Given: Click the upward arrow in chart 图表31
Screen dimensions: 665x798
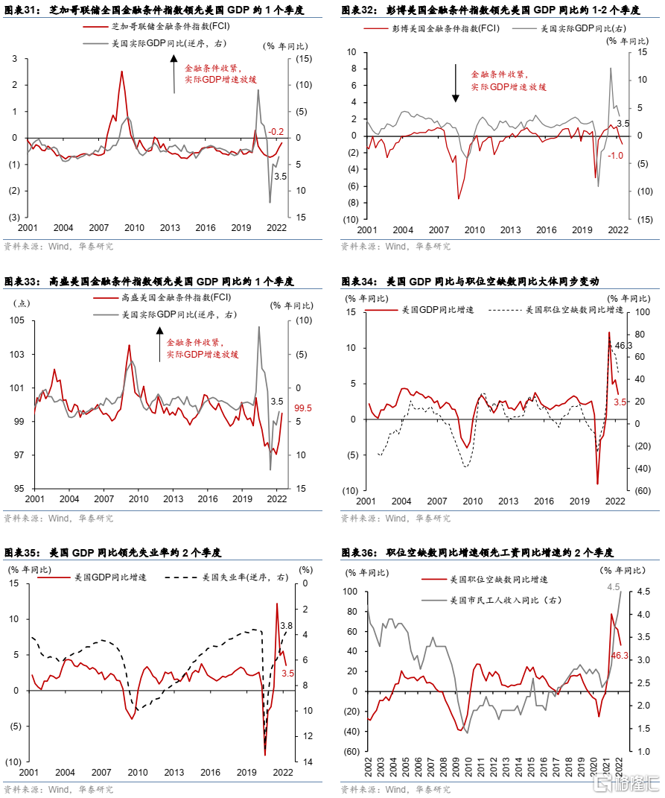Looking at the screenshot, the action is point(174,75).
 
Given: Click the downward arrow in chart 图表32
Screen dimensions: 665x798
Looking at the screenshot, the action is point(456,83).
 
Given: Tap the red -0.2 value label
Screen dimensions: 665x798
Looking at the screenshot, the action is point(276,132).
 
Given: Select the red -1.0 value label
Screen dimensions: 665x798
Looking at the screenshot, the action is point(615,156).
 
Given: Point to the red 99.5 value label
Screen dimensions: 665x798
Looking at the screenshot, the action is point(303,408).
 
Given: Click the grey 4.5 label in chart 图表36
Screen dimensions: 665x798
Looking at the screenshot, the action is point(613,587).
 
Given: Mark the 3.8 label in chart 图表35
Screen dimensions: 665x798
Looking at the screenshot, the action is point(287,625).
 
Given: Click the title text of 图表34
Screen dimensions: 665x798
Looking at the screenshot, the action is point(470,282).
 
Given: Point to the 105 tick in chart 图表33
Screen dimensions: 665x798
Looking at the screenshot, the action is point(17,320).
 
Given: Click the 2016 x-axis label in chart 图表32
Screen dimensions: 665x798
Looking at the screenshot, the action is point(546,230).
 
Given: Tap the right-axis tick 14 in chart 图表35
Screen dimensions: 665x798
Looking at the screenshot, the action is point(308,762).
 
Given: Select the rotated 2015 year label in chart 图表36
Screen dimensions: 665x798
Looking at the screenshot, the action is point(531,767).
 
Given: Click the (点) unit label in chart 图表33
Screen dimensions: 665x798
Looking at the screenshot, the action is point(22,304).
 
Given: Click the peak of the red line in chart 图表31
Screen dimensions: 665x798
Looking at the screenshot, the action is point(121,72).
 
